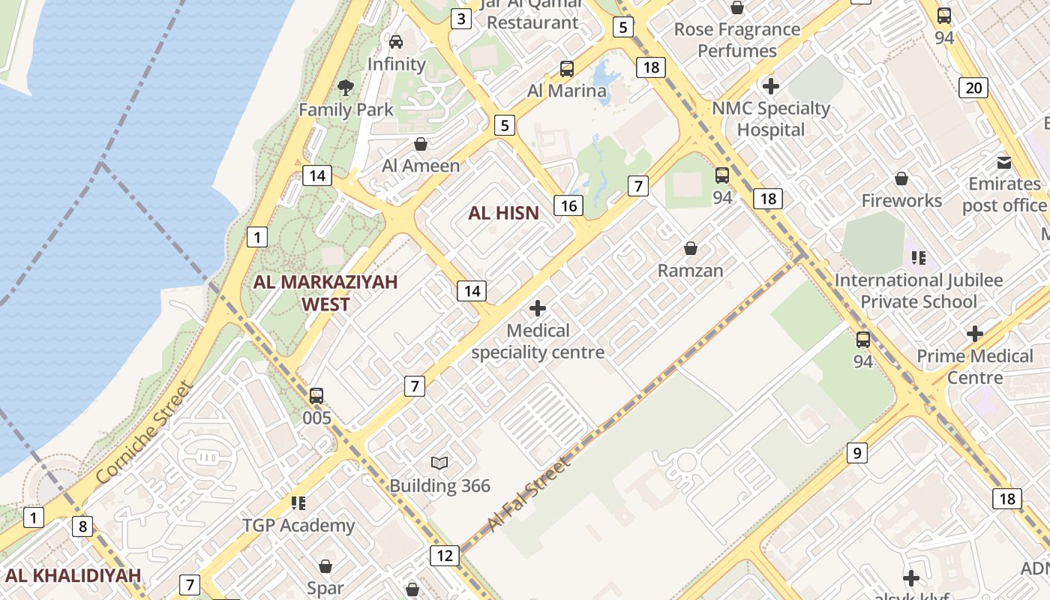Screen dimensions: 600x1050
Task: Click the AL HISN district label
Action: pos(503,213)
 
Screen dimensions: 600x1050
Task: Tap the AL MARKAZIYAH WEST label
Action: pos(325,293)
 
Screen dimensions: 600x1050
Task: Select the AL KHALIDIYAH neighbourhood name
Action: pos(73,575)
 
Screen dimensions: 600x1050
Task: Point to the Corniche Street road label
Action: pos(145,433)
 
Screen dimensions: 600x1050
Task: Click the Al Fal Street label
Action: pos(529,494)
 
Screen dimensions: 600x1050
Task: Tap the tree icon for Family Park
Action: pos(346,88)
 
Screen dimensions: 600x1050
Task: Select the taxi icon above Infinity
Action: pos(396,42)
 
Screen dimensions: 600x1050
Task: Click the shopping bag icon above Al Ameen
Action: pos(421,143)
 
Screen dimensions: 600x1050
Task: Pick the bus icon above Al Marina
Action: pos(567,69)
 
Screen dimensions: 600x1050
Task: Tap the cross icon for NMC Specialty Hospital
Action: pos(770,86)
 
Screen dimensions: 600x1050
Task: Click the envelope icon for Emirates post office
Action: pos(1003,162)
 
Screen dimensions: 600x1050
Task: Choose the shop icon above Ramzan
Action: pos(690,248)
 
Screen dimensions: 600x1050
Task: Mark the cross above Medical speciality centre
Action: pos(538,308)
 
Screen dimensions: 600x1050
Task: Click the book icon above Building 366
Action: pos(439,463)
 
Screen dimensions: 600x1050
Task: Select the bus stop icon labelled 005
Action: pos(316,395)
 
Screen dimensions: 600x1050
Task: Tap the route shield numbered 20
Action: pos(973,88)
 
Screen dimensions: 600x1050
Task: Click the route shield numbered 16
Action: pos(569,205)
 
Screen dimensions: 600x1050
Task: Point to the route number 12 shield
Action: pos(445,556)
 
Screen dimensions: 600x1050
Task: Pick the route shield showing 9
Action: pos(856,453)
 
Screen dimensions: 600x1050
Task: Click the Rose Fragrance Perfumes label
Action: pos(737,40)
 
